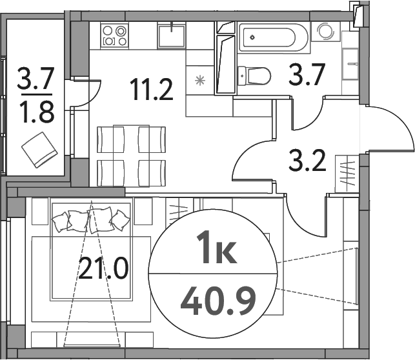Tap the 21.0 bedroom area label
pyautogui.click(x=103, y=266)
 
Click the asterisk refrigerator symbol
pyautogui.click(x=199, y=81)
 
